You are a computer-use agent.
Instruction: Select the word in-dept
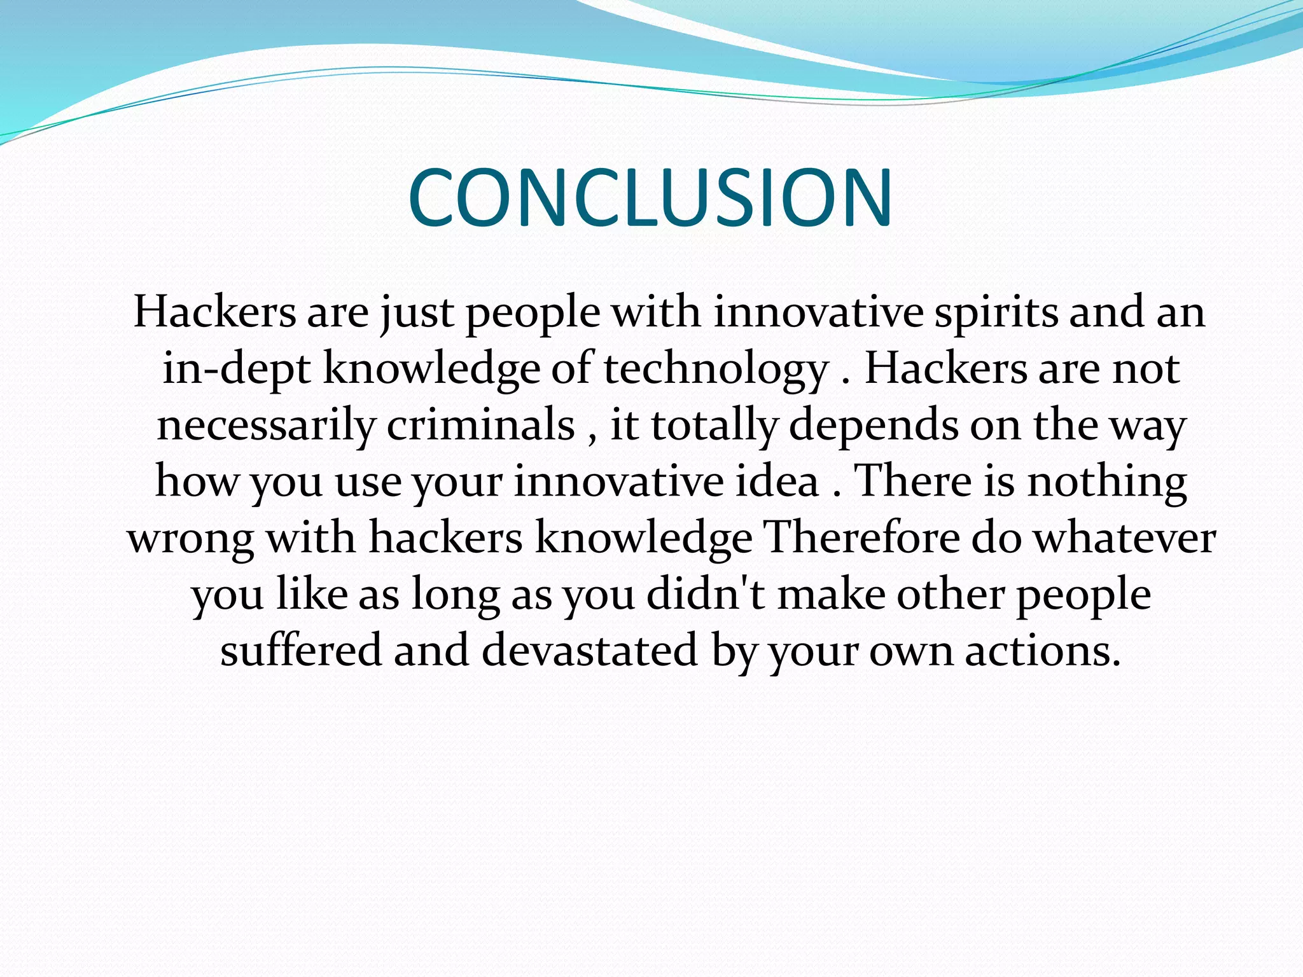click(236, 369)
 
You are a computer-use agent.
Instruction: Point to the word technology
click(716, 369)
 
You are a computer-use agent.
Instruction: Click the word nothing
click(1107, 481)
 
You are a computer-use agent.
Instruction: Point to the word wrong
click(191, 538)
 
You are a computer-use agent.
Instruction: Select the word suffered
click(301, 650)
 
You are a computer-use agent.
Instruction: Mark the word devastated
click(589, 650)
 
